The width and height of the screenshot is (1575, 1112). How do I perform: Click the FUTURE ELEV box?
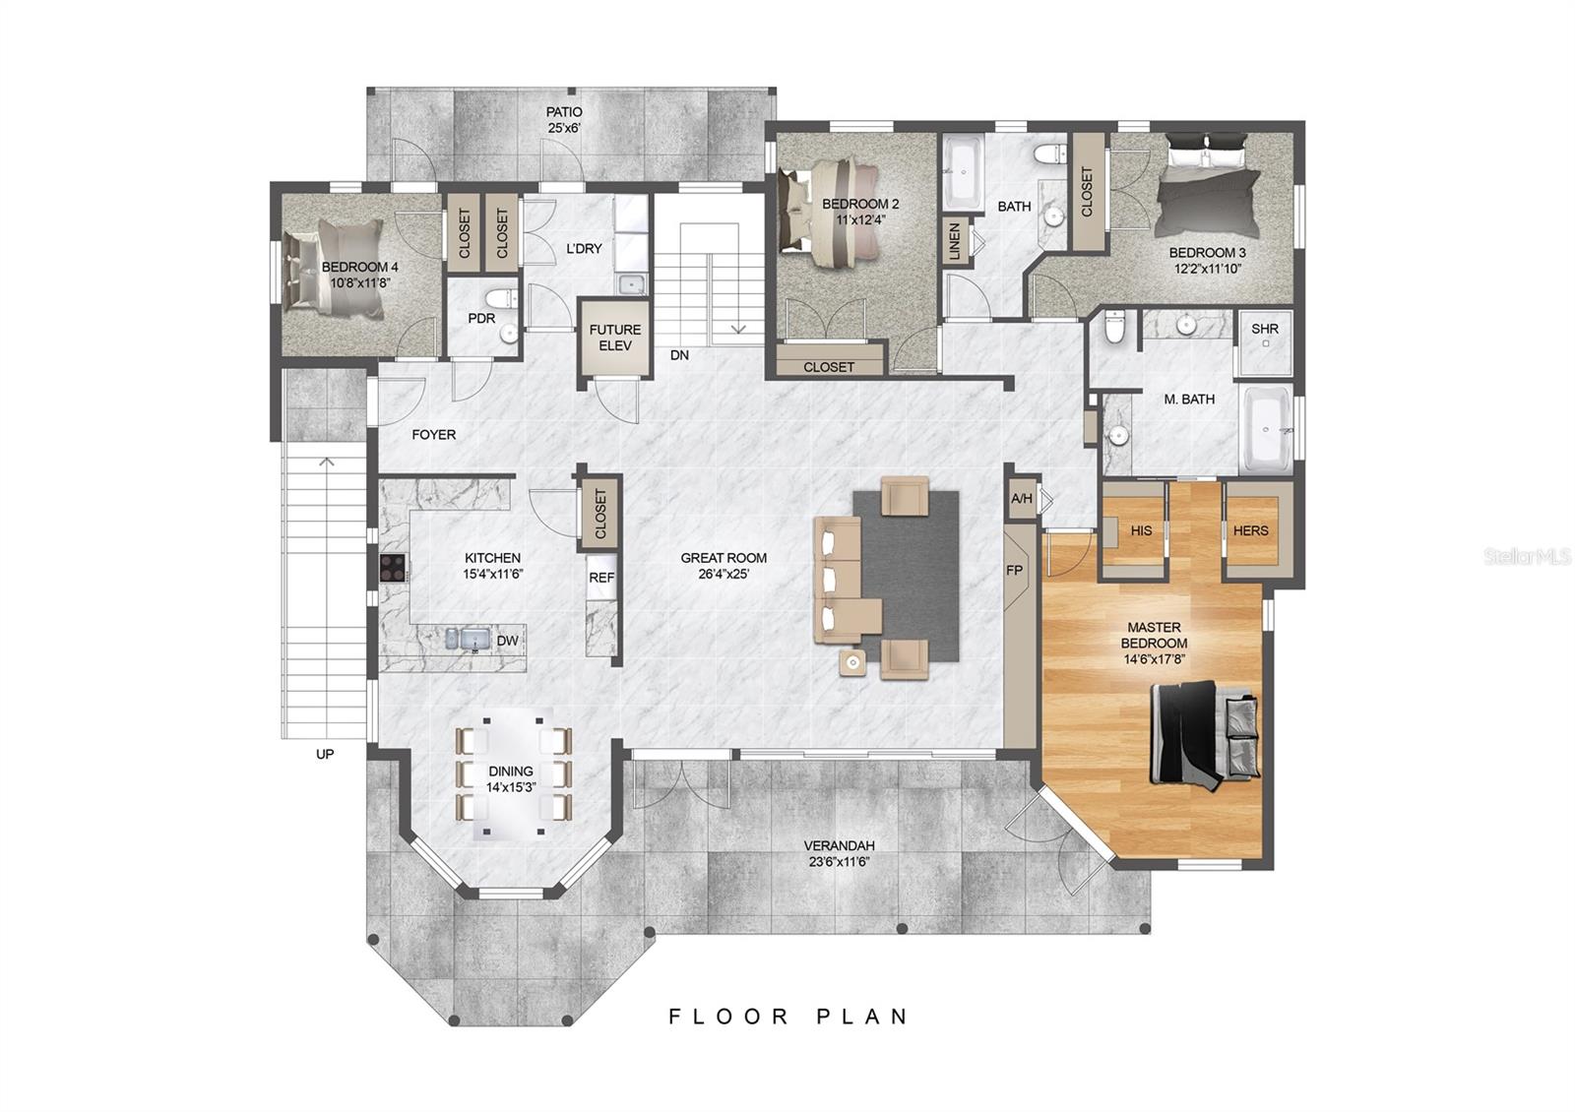pos(615,338)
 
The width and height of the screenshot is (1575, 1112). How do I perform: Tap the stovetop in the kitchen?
pos(393,568)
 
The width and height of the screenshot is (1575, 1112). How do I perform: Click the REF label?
pos(601,578)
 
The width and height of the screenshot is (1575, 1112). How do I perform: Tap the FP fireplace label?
pos(1014,571)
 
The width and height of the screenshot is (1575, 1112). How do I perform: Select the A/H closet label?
pos(1021,499)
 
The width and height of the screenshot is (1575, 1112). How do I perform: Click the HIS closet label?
pos(1141,530)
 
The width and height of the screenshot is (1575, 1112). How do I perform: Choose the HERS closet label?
pos(1250,530)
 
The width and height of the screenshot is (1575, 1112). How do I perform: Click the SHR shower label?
pos(1264,329)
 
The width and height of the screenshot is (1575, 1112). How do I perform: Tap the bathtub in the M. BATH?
pos(1266,430)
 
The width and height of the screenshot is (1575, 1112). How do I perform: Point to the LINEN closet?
pos(954,242)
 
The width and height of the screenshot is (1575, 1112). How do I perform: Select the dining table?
pos(512,772)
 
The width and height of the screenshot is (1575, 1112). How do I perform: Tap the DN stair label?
pos(679,355)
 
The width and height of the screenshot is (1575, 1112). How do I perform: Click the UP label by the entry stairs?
pos(325,754)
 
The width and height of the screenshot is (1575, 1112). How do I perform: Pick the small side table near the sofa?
pos(852,662)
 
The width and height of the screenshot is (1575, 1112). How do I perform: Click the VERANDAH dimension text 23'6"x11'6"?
pos(839,861)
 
